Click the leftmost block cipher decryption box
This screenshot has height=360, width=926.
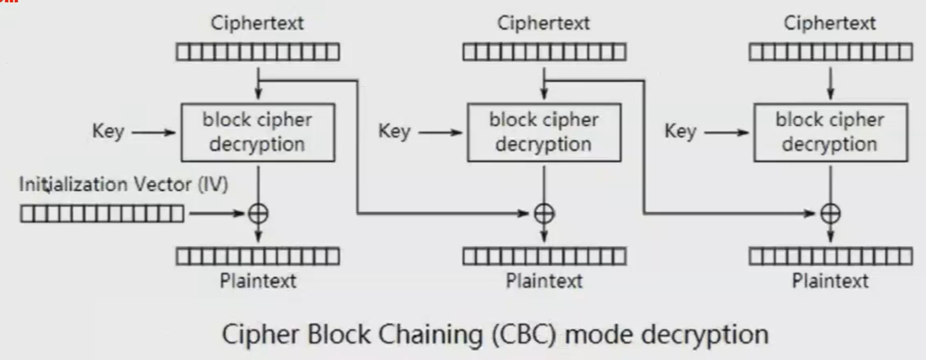[257, 132]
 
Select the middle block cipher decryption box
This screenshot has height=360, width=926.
[544, 132]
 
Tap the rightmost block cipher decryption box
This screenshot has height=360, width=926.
[830, 132]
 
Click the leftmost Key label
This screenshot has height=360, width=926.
[108, 132]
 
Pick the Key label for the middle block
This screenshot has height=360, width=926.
[394, 132]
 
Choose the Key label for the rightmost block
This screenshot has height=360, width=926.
[680, 132]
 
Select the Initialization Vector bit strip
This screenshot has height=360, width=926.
[102, 214]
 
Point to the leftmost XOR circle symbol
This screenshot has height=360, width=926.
[259, 214]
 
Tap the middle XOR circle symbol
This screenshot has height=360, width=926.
[546, 214]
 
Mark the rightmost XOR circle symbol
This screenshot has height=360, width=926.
[831, 214]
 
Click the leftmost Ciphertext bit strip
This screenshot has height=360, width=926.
[258, 53]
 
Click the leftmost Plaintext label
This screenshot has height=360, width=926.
[258, 280]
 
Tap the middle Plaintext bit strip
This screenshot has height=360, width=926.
[544, 256]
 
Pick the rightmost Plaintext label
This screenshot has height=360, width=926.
[830, 280]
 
